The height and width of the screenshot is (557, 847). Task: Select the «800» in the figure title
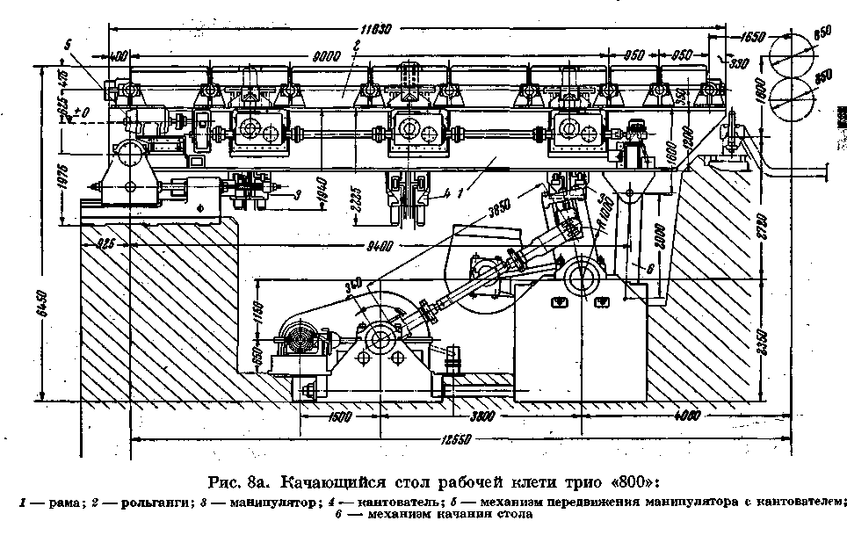click(x=630, y=482)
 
